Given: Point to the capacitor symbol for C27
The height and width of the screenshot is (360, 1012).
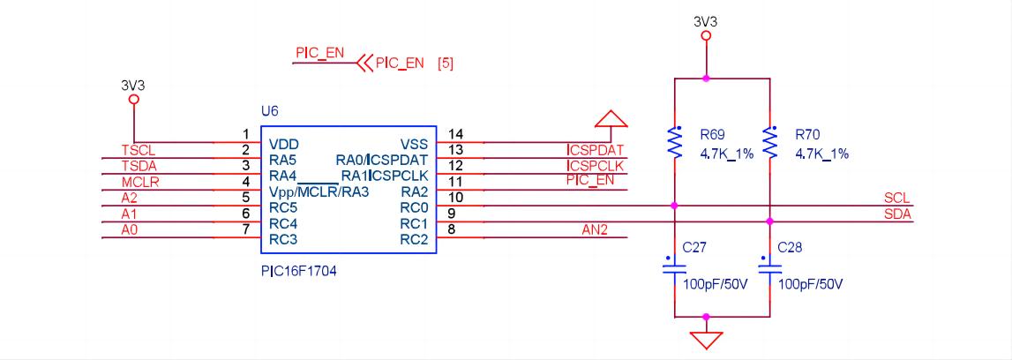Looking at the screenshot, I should (675, 270).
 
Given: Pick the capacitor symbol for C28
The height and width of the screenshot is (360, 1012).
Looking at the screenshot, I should (769, 270).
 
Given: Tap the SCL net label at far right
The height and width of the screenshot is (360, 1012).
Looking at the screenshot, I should (896, 198).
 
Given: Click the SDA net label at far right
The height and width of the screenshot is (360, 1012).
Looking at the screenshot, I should (896, 214).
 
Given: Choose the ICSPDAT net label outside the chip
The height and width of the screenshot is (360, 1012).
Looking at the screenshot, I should (596, 150).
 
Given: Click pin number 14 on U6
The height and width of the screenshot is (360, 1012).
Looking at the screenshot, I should (455, 134).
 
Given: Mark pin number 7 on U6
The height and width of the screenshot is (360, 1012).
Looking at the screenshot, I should (246, 230).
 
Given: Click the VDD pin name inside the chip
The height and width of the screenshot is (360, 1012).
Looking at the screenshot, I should (284, 144).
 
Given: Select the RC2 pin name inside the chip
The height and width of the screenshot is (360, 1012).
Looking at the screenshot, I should (414, 239).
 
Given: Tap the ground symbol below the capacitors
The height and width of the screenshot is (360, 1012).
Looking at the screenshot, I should (706, 339).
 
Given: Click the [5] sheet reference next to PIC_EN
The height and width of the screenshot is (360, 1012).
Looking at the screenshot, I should (446, 64).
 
